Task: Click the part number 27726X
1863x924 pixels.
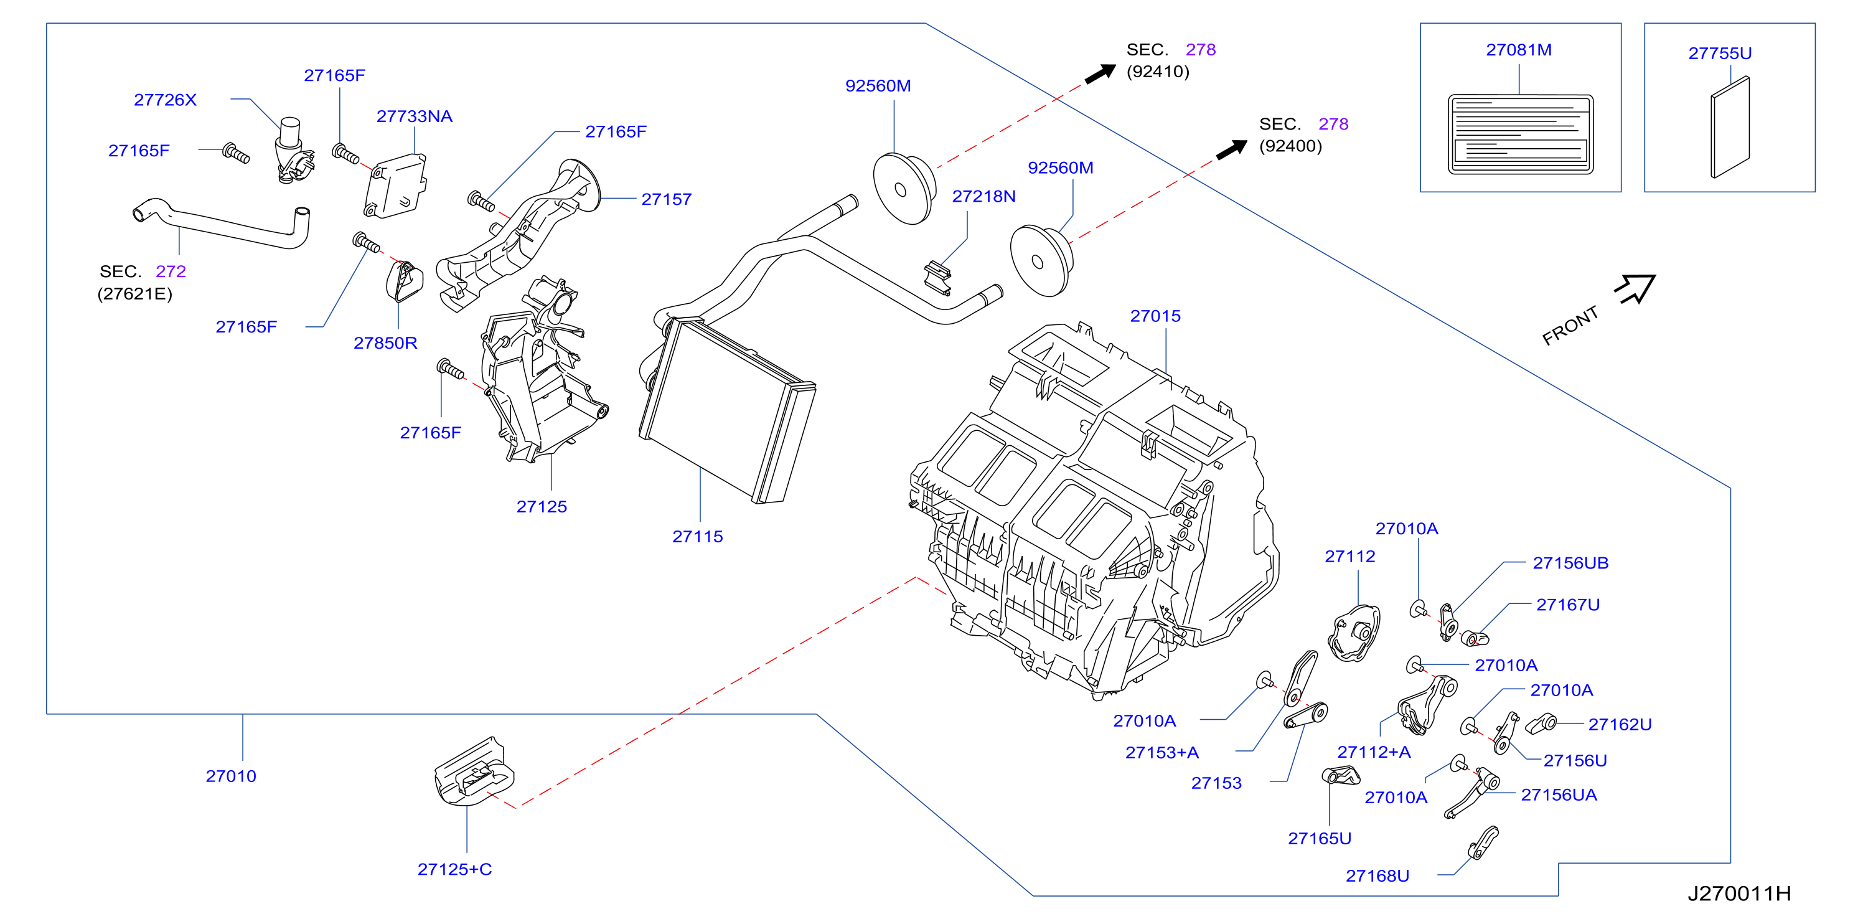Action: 165,100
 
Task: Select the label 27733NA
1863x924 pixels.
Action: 415,116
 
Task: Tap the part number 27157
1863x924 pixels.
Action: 666,199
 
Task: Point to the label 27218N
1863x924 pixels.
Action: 983,196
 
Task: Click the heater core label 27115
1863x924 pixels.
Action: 697,536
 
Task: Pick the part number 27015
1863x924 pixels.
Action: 1155,316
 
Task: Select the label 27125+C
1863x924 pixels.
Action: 454,869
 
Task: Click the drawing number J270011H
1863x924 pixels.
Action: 1739,893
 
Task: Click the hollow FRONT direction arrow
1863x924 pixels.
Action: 1636,289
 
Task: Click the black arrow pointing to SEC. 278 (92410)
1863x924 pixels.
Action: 1100,73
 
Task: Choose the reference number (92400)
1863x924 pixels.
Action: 1290,146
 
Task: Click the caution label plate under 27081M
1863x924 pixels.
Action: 1520,134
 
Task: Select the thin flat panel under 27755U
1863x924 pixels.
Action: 1730,128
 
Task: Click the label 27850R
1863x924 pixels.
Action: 385,343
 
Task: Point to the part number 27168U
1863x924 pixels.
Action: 1377,875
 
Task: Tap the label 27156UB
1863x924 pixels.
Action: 1570,563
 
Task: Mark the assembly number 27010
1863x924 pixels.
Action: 231,776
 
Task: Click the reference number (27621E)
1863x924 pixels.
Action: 134,294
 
